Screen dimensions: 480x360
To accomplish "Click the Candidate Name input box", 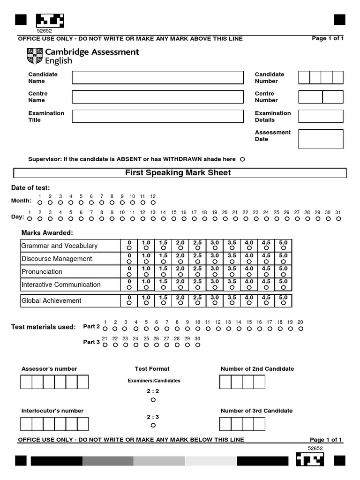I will pyautogui.click(x=157, y=77).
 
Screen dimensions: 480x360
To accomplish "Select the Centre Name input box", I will pyautogui.click(x=157, y=97).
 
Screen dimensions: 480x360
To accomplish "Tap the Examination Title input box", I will pyautogui.click(x=157, y=116).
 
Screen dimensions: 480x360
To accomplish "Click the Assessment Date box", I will pyautogui.click(x=321, y=139).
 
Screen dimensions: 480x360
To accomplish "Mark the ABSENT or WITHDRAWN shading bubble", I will pyautogui.click(x=242, y=159).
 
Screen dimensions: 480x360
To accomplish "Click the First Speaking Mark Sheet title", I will pyautogui.click(x=178, y=173).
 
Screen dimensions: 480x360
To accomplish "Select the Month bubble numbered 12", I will pyautogui.click(x=153, y=202).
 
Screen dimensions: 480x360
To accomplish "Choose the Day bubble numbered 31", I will pyautogui.click(x=338, y=218).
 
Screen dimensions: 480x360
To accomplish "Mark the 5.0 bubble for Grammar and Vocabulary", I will pyautogui.click(x=283, y=247).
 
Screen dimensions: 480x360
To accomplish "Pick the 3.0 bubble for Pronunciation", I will pyautogui.click(x=215, y=274).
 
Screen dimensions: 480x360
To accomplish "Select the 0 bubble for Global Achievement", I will pyautogui.click(x=129, y=303).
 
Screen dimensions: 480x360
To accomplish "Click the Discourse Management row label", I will pyautogui.click(x=57, y=259).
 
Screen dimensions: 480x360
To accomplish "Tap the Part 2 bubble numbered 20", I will pyautogui.click(x=300, y=329).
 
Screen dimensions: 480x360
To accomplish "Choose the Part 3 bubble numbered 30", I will pyautogui.click(x=197, y=345).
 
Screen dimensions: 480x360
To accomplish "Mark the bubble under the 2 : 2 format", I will pyautogui.click(x=153, y=400).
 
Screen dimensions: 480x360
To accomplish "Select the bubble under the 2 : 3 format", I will pyautogui.click(x=153, y=425).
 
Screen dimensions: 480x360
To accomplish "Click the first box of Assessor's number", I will pyautogui.click(x=26, y=382).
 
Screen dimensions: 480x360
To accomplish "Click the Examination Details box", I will pyautogui.click(x=321, y=116).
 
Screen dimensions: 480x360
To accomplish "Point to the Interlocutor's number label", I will pyautogui.click(x=52, y=411).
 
